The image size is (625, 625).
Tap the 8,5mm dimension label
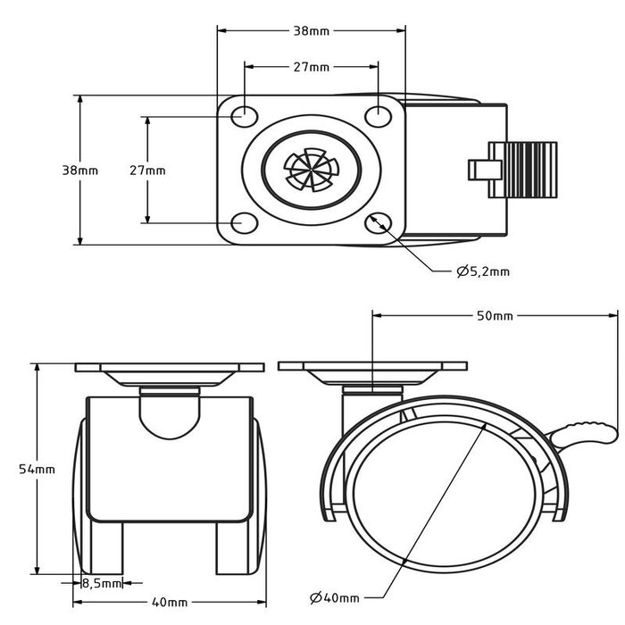click(x=102, y=584)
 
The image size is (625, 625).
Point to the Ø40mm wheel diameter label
click(x=336, y=597)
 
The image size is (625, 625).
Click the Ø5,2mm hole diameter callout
click(x=482, y=271)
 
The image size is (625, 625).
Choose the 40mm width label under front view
click(x=170, y=601)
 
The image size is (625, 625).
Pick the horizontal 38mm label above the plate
click(x=312, y=30)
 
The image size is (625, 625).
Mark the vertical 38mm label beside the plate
click(x=79, y=170)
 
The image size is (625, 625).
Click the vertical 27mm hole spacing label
click(x=147, y=170)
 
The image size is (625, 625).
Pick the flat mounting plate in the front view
click(x=170, y=368)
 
